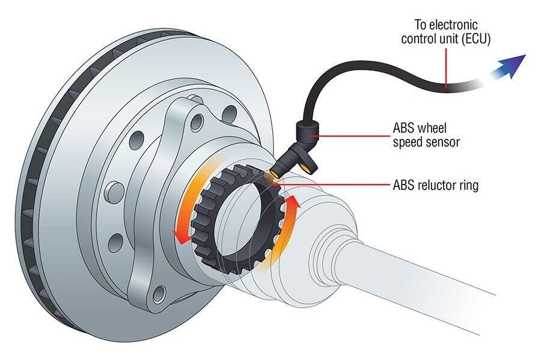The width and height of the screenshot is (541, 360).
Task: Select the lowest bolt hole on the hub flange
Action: tap(157, 294)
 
